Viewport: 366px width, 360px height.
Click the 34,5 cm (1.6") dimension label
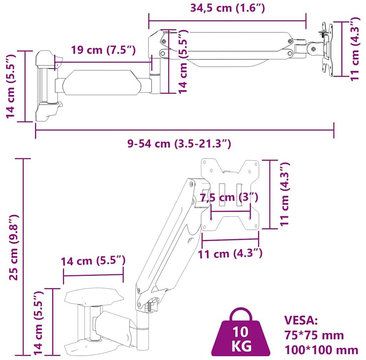click(x=228, y=8)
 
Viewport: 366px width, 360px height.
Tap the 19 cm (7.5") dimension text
click(x=103, y=50)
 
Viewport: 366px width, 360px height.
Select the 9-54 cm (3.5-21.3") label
click(x=179, y=144)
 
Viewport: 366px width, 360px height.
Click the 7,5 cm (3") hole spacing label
click(x=229, y=197)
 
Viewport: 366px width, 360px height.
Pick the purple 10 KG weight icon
click(x=241, y=332)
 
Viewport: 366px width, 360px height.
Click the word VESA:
click(x=301, y=321)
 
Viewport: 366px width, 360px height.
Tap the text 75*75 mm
click(x=314, y=335)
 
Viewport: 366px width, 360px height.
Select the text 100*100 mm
click(x=321, y=350)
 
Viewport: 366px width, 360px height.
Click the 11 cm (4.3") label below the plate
click(x=230, y=253)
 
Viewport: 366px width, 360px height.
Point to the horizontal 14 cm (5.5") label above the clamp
click(x=93, y=261)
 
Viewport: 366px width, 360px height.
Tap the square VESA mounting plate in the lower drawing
click(x=230, y=194)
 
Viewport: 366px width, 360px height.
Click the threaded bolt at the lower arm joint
click(x=149, y=307)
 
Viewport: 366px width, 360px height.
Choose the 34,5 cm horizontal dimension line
click(x=227, y=21)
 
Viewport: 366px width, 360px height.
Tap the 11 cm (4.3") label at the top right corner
click(x=355, y=49)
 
